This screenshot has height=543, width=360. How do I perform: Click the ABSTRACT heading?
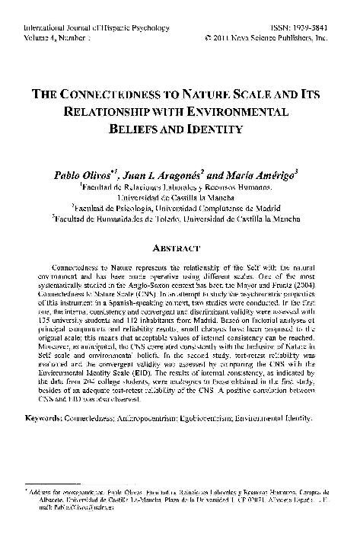tap(180, 248)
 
